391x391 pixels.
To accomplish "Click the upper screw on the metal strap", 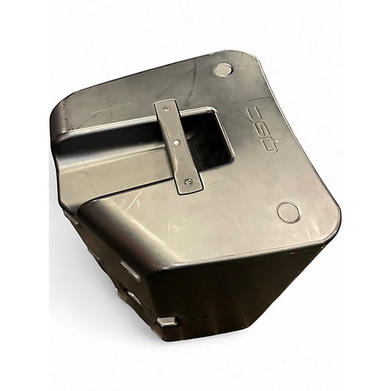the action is [167, 108].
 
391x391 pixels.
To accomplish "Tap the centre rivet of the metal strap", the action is [177, 142].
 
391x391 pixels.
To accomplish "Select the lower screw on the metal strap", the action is [187, 184].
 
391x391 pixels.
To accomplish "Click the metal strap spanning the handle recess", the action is [179, 147].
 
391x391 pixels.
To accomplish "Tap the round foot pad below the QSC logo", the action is [288, 212].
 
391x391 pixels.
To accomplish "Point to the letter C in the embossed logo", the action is [254, 113].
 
